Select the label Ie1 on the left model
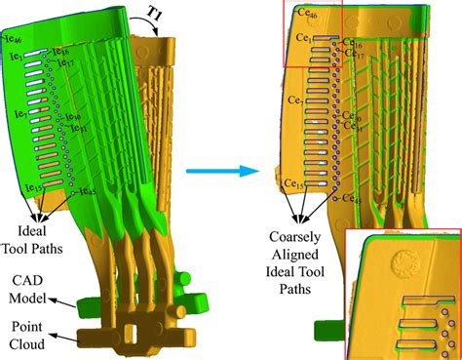(x=16, y=58)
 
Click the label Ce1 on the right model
(x=304, y=39)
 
